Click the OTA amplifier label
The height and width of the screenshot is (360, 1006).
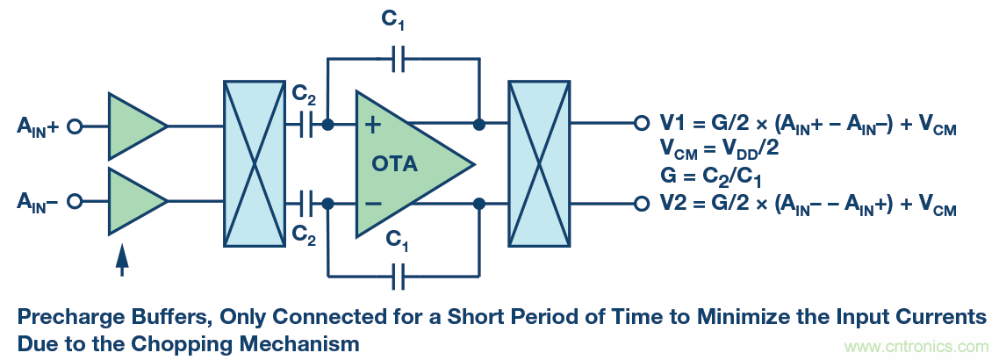[x=395, y=164]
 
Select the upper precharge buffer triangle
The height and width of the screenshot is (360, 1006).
[x=133, y=126]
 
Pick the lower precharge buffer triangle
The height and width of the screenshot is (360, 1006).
[x=133, y=201]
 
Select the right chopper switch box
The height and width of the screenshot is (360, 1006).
[x=539, y=164]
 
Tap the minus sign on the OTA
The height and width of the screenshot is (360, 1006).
[x=372, y=203]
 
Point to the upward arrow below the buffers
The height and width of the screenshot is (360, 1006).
[x=122, y=259]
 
